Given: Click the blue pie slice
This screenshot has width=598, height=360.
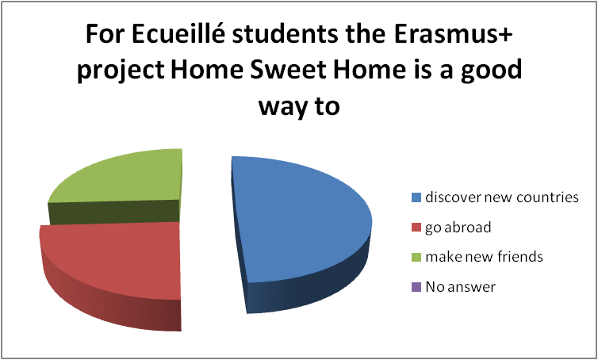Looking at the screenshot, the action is coord(301,225).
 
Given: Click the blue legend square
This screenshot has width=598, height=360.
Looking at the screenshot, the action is coord(416,197).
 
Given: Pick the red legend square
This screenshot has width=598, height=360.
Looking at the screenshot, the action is coord(416,228).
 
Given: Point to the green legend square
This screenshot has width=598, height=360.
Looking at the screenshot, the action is coord(416,257).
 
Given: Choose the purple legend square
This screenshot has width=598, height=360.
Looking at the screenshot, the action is coord(416,287).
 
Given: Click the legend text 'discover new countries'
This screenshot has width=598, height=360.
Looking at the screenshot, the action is coord(502,197).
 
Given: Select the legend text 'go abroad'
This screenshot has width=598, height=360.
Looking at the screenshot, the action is coord(458,228).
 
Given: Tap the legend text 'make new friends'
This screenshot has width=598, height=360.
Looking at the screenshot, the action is coord(485,257).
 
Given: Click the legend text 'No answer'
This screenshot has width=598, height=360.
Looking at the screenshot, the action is coord(461,287).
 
